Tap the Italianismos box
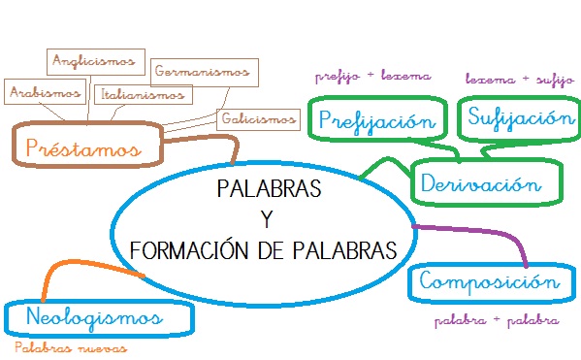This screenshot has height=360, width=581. [x=143, y=95]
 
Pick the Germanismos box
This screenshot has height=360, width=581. [x=206, y=71]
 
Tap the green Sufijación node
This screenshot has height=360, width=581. [x=514, y=118]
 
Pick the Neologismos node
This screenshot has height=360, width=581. [x=95, y=317]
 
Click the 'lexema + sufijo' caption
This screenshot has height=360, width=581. [x=514, y=78]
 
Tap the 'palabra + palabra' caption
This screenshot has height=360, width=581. [x=495, y=319]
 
